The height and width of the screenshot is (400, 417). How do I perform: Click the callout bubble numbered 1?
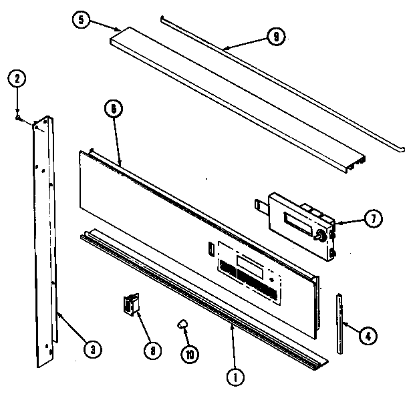click(235, 377)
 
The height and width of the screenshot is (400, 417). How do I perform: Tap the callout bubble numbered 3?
click(94, 347)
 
